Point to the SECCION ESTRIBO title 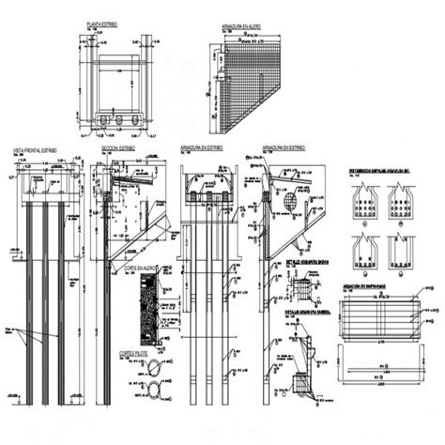(118, 148)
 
